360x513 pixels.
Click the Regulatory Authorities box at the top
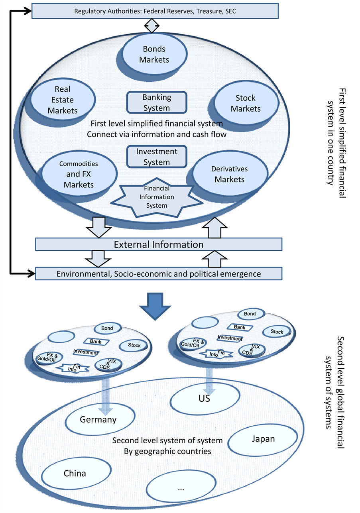coord(155,11)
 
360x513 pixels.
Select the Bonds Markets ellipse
coord(154,55)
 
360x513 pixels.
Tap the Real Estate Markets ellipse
coord(63,100)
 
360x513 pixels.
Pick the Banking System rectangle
coord(157,102)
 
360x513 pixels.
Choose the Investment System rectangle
coord(157,157)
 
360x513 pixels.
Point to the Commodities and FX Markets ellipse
coord(79,174)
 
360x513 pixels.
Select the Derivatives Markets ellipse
coord(230,174)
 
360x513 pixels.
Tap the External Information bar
coord(159,244)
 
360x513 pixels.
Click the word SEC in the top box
coord(230,11)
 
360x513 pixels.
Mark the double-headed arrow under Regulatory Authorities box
coord(151,26)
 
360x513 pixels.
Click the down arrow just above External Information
coord(99,227)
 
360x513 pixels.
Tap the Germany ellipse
coord(98,420)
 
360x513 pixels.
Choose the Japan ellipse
coord(264,439)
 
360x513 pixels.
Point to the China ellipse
coord(75,474)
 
